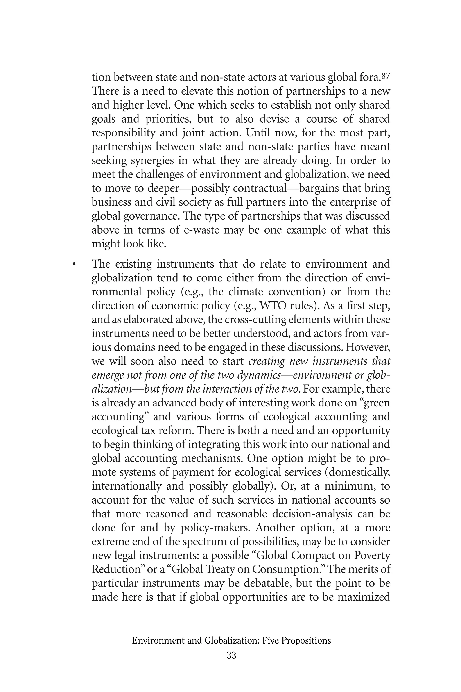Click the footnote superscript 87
(x=385, y=76)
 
